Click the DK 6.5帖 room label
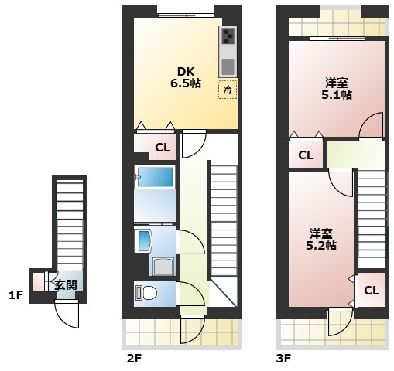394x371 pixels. coord(186,77)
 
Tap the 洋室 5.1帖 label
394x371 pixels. coord(337,89)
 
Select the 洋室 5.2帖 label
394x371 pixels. coord(321,240)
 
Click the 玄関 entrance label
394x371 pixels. coord(66,284)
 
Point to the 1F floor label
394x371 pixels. coord(16,295)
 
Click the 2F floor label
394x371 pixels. coord(135,359)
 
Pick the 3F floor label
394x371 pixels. coord(284,359)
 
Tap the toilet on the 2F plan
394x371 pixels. coord(146,293)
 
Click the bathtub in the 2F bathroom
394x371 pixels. coord(156,176)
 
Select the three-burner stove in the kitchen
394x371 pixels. coord(228,36)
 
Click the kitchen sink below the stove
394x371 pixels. coord(228,66)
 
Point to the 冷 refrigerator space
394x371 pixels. coord(228,90)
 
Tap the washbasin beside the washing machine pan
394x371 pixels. coord(144,240)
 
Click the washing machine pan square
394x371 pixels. coord(163,267)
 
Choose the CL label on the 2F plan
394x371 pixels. coord(163,148)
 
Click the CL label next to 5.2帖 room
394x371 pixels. coord(372,291)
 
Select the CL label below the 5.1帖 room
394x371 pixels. coord(306,155)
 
